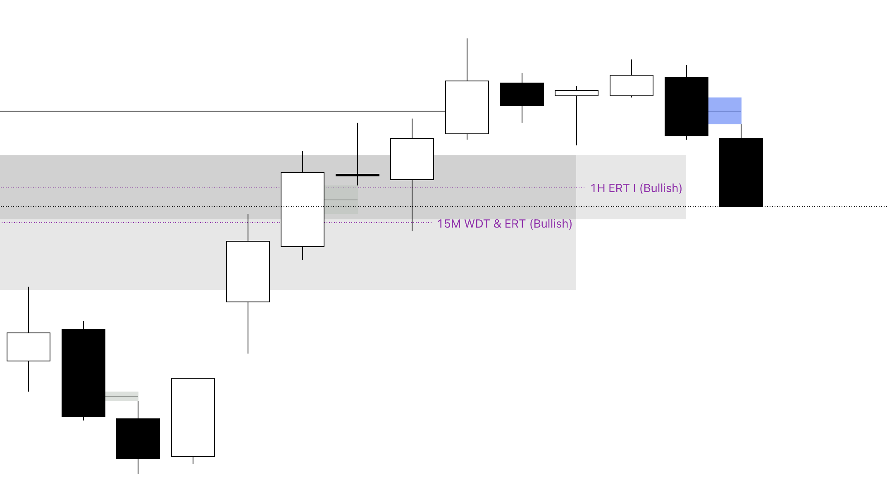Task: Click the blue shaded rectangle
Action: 725,111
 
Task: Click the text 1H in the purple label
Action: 598,188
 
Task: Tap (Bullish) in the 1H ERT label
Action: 660,188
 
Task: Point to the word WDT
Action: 477,224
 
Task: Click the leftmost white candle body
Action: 29,347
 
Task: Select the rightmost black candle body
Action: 741,172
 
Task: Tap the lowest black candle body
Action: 138,438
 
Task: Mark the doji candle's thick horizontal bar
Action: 357,175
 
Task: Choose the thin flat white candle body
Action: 576,93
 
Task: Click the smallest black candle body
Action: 522,94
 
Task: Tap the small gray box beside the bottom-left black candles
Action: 122,396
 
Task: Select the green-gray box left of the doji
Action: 341,200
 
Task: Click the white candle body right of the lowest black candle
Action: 193,417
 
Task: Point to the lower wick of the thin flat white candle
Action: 577,120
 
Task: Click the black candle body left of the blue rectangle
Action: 686,106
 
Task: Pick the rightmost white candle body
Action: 631,85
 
